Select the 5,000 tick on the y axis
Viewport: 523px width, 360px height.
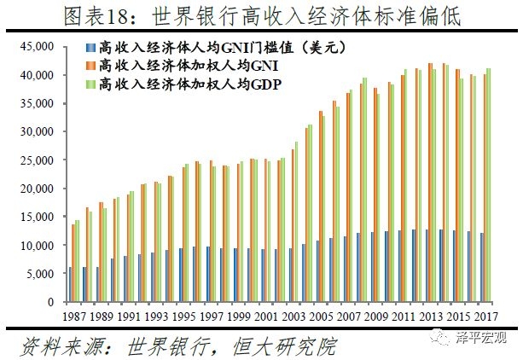coord(43,274)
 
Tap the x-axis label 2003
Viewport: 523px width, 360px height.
coord(294,316)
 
